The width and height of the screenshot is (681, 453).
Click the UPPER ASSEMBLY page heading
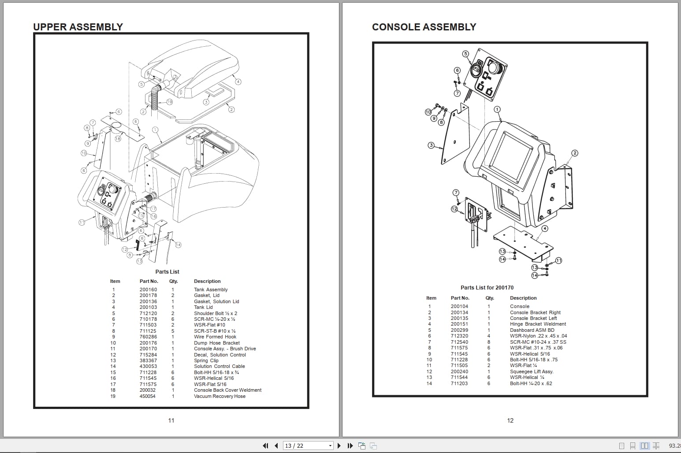coord(78,27)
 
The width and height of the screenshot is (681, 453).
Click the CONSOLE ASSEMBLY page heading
coord(424,27)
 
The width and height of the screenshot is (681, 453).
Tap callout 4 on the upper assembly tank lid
coord(238,82)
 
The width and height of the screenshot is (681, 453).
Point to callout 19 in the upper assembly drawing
coord(169,102)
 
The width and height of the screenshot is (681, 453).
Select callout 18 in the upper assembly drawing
coord(118,139)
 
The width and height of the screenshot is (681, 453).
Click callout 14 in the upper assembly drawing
coord(178,245)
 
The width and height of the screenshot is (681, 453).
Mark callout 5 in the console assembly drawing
coord(465,54)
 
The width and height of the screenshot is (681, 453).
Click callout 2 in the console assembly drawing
coord(574,153)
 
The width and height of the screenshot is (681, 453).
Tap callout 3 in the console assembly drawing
coord(431,145)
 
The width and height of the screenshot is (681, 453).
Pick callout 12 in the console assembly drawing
coord(454,209)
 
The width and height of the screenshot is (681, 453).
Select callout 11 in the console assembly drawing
coord(558,260)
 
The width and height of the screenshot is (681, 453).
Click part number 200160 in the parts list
coord(148,290)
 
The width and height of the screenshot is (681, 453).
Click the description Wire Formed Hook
coord(215,337)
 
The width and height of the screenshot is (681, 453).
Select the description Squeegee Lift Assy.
coord(532,371)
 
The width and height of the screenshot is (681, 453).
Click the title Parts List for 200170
coord(487,288)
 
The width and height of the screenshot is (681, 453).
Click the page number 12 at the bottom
coord(510,420)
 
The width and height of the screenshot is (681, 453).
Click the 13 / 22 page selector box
coord(308,446)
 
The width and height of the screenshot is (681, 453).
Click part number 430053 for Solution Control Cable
coord(148,366)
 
